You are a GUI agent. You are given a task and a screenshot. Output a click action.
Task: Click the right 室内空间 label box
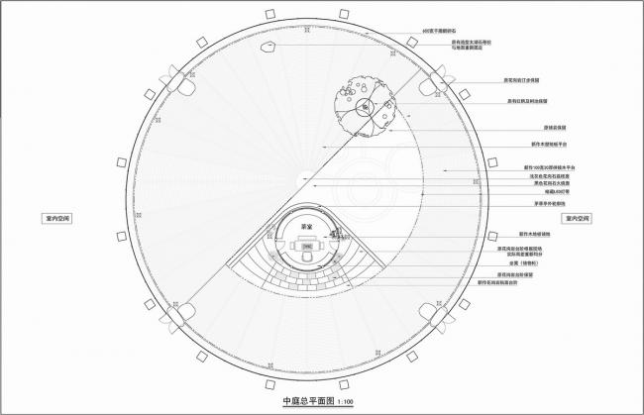(577, 217)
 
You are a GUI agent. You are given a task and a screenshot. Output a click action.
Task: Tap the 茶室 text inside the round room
(306, 225)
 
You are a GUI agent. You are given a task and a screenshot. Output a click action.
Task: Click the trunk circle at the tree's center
(366, 106)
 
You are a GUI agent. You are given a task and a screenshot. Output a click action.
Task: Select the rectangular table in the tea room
(307, 244)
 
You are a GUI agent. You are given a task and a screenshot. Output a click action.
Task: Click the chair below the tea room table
(307, 255)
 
